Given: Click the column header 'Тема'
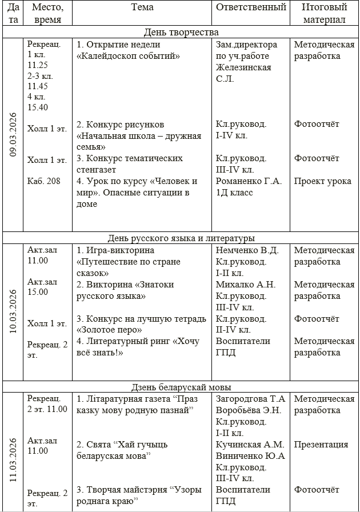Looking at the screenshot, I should click(142, 7).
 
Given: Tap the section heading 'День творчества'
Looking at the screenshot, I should click(181, 32).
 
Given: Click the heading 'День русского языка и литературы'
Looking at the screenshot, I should click(181, 238).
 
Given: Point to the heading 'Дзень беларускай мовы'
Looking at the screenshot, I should click(181, 387).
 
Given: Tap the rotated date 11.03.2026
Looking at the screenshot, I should click(13, 461).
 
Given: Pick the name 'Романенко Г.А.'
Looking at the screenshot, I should click(249, 181).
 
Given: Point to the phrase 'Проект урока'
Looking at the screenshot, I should click(323, 181).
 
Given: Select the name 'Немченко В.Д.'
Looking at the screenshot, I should click(247, 250).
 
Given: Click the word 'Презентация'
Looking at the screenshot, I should click(321, 444).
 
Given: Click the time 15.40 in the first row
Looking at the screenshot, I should click(38, 107).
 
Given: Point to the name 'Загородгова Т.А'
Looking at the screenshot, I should click(250, 398).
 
